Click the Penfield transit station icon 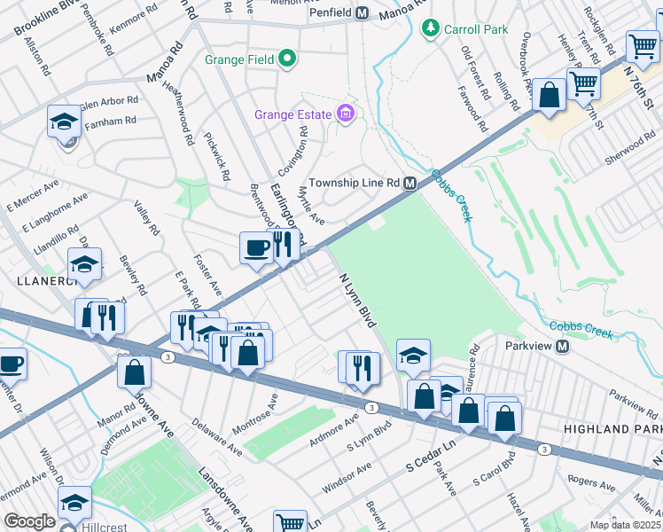pyautogui.click(x=362, y=13)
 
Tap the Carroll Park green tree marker pyautogui.click(x=430, y=28)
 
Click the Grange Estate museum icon pyautogui.click(x=345, y=113)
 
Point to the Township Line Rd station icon pyautogui.click(x=410, y=183)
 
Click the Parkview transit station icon pyautogui.click(x=562, y=346)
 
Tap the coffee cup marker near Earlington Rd pyautogui.click(x=256, y=247)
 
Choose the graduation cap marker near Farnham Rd pyautogui.click(x=64, y=121)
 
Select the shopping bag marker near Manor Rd pyautogui.click(x=134, y=372)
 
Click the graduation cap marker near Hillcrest pyautogui.click(x=75, y=502)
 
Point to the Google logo pyautogui.click(x=29, y=521)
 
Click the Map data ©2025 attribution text pyautogui.click(x=626, y=525)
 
